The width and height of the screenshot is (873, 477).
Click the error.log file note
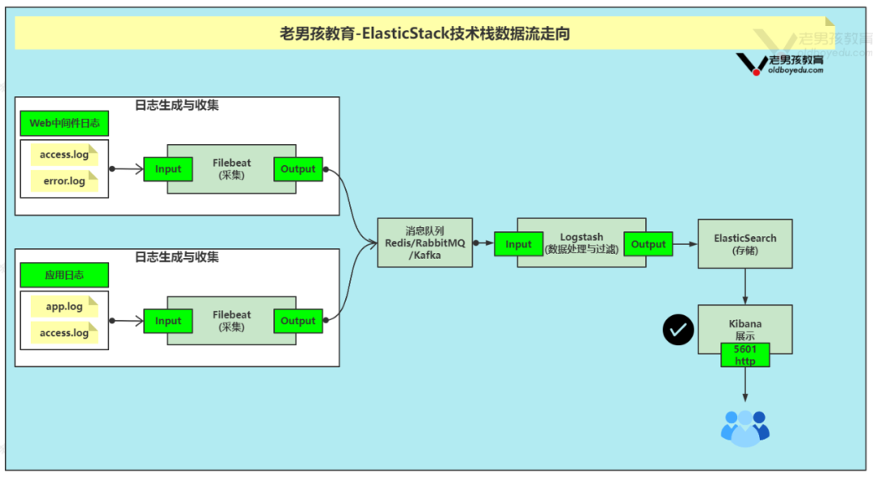[x=64, y=181]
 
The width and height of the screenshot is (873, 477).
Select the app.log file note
[x=64, y=306]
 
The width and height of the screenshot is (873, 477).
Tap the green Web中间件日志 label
[x=64, y=124]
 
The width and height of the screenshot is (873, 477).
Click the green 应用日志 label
[x=64, y=275]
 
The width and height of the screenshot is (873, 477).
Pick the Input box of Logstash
[x=518, y=244]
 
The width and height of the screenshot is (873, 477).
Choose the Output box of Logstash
[x=648, y=244]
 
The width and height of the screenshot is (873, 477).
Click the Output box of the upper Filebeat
[x=297, y=169]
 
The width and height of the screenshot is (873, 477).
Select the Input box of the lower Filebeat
[x=168, y=321]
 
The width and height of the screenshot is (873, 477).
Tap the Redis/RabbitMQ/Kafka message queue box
[x=424, y=243]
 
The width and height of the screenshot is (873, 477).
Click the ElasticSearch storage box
[x=744, y=243]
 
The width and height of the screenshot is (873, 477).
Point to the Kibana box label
[x=744, y=324]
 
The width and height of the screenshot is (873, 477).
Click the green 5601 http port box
[x=744, y=355]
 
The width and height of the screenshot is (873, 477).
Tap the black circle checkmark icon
[x=678, y=330]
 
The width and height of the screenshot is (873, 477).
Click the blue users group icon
[x=744, y=428]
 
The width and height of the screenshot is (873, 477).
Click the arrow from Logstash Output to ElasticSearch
[x=685, y=244]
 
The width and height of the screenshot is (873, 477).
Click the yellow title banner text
[x=425, y=34]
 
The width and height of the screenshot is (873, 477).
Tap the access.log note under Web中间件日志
[x=64, y=154]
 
